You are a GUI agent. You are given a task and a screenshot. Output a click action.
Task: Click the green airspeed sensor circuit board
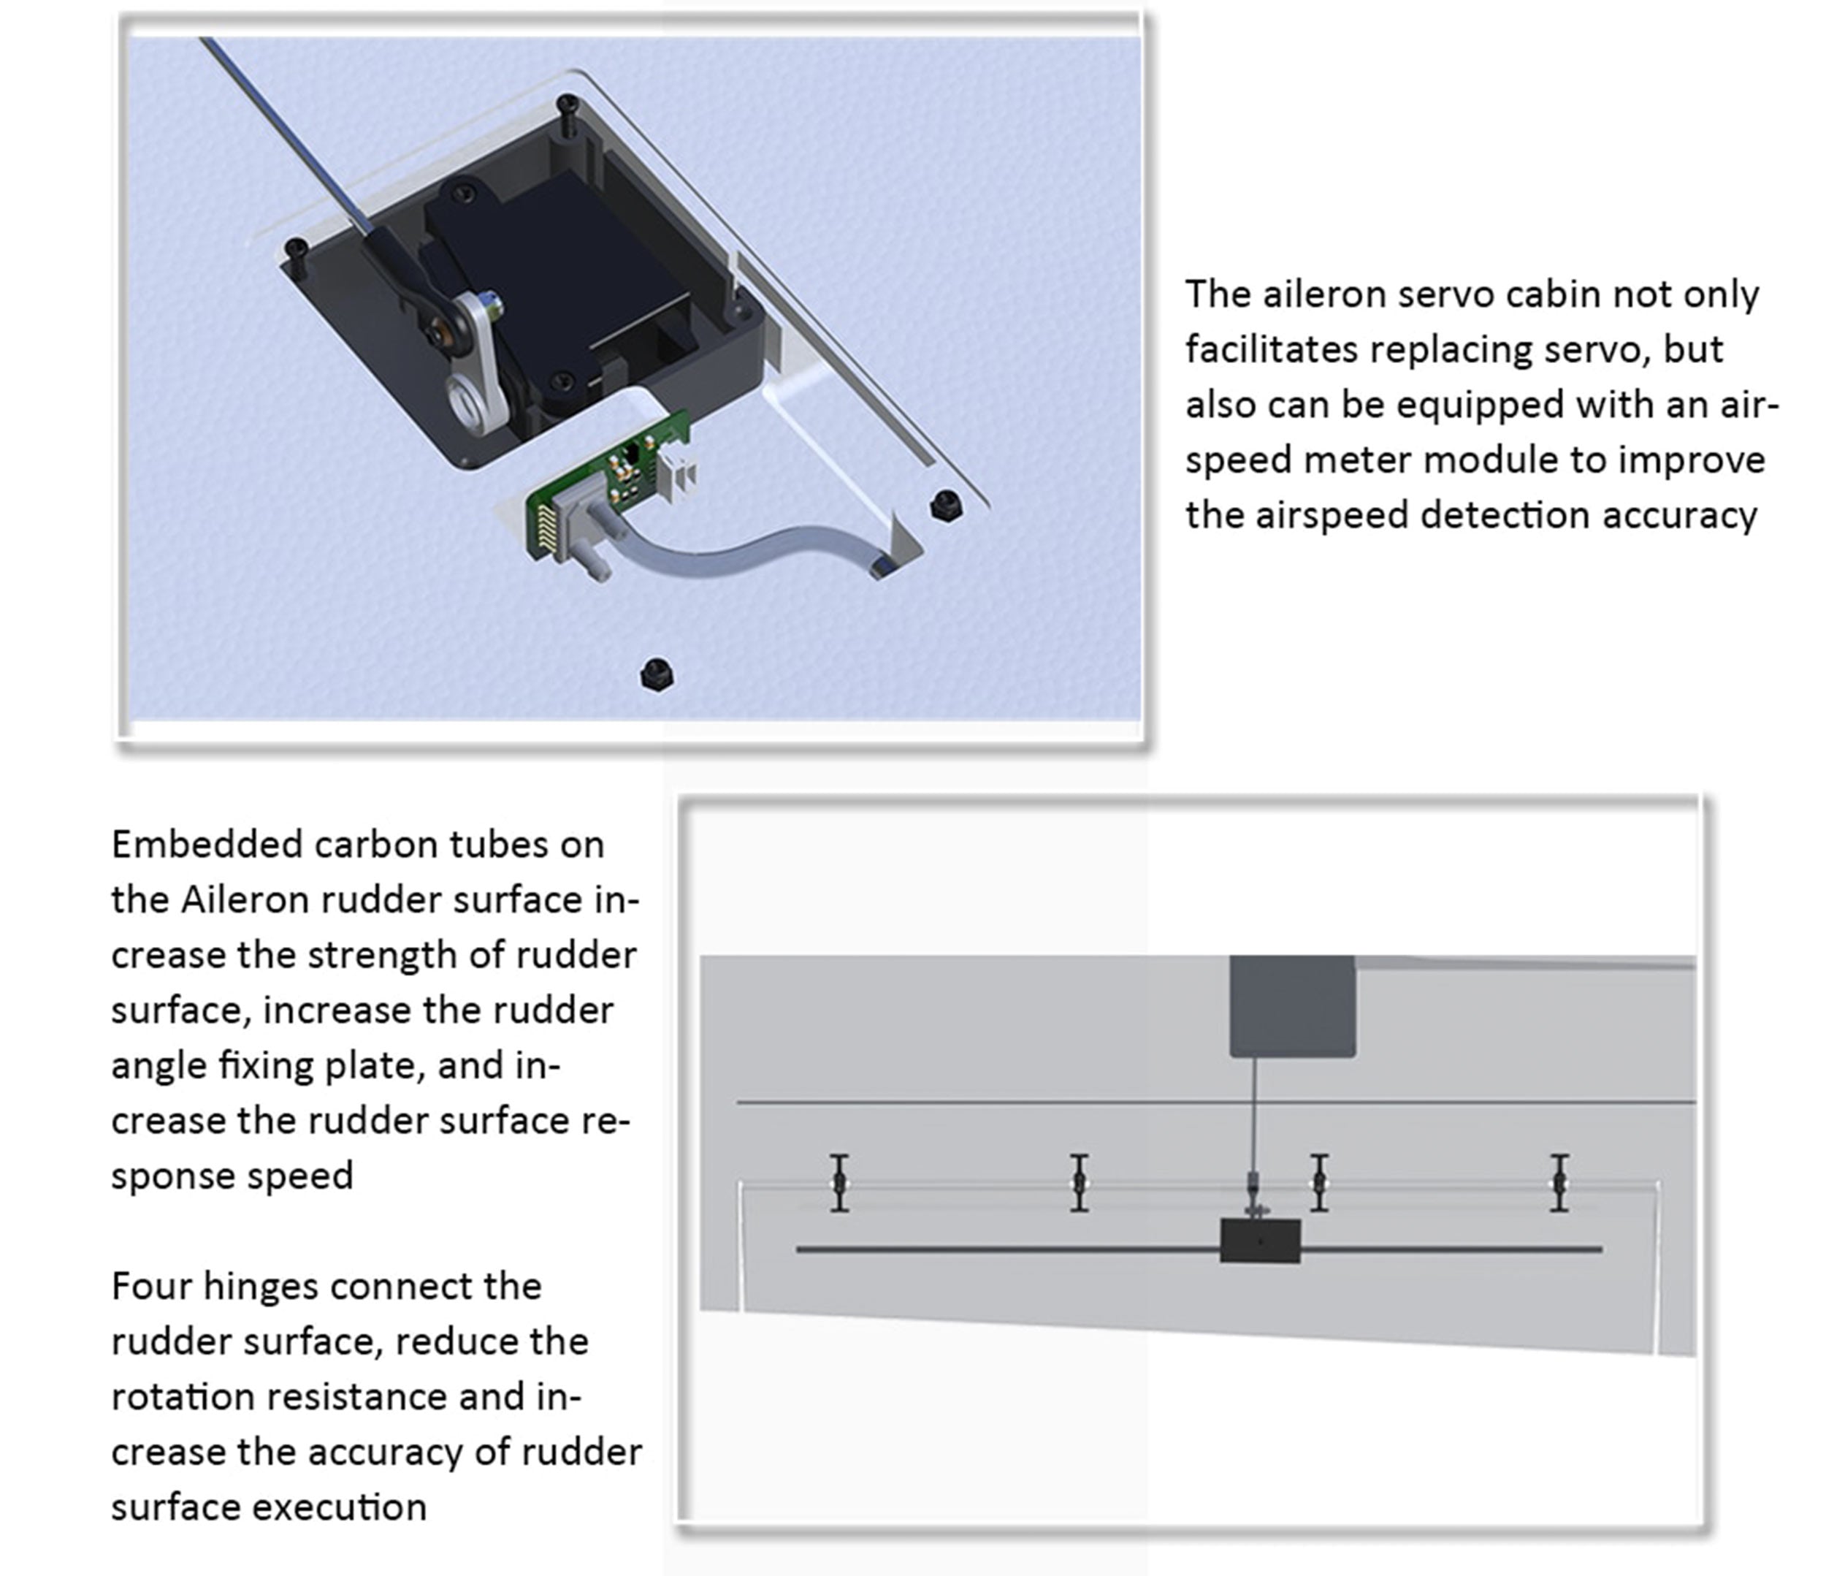(608, 485)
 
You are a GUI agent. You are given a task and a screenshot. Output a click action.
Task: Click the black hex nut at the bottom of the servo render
(656, 674)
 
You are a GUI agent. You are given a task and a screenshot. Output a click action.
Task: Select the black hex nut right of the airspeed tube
(947, 505)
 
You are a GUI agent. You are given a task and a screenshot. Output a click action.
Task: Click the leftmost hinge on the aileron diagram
(840, 1183)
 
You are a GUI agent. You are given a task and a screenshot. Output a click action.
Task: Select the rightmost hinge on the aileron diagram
(1559, 1183)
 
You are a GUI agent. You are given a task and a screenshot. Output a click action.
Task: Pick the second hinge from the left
(1080, 1183)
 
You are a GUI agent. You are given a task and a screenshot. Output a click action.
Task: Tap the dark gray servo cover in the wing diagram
(1292, 1005)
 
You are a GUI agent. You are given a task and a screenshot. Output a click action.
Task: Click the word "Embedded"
(208, 845)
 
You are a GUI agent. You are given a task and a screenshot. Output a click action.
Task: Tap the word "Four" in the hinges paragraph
(152, 1286)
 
